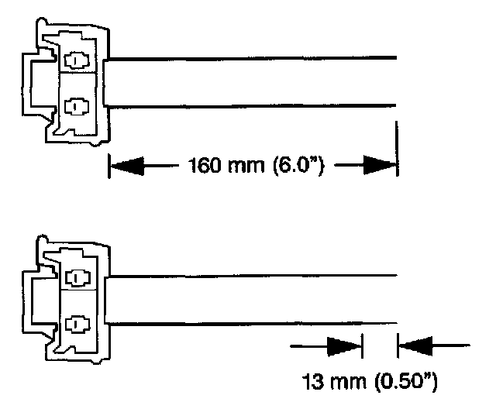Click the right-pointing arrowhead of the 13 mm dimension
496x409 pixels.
[x=346, y=345]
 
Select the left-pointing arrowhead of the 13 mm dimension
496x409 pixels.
[x=414, y=345]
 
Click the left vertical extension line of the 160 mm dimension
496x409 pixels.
[x=108, y=163]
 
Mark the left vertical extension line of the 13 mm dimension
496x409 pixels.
[x=363, y=345]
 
